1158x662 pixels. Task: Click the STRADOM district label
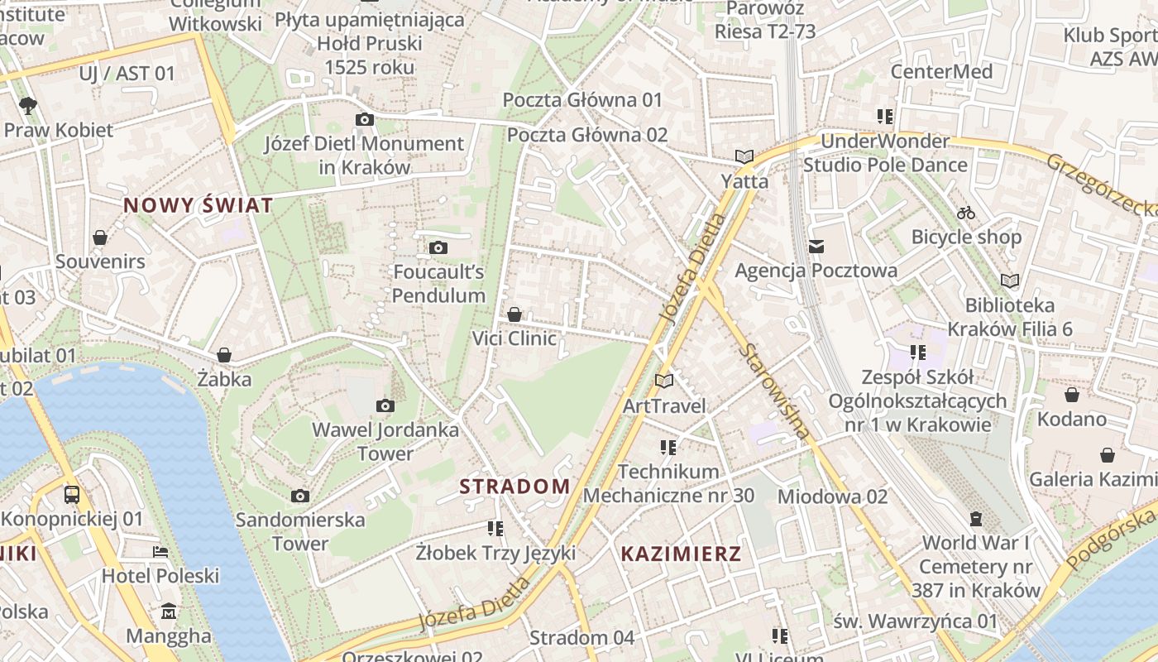pos(514,487)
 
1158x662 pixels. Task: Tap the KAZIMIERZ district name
pos(681,554)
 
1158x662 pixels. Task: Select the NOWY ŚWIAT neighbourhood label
pos(199,205)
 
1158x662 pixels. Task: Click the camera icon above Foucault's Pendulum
pos(438,247)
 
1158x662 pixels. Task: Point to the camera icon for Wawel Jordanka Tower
pos(385,405)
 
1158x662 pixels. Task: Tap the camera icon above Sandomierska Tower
pos(300,496)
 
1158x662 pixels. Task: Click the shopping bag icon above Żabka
pos(223,355)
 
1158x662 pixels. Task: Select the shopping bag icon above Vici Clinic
pos(514,314)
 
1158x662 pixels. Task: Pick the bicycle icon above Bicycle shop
pos(966,213)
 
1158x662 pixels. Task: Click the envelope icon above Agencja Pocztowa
pos(816,246)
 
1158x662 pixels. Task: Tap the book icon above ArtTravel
pos(664,381)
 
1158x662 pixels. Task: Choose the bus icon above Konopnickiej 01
pos(72,495)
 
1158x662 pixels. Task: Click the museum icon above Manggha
pos(169,612)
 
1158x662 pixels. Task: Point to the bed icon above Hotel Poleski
pos(160,551)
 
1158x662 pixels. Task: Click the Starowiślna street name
pos(774,389)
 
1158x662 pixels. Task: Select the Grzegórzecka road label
pos(1100,184)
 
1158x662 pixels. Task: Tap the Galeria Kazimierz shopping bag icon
pos(1108,455)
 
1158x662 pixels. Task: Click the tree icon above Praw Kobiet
pos(28,105)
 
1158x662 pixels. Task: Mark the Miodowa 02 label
pos(832,496)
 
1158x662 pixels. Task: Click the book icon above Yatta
pos(744,156)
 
